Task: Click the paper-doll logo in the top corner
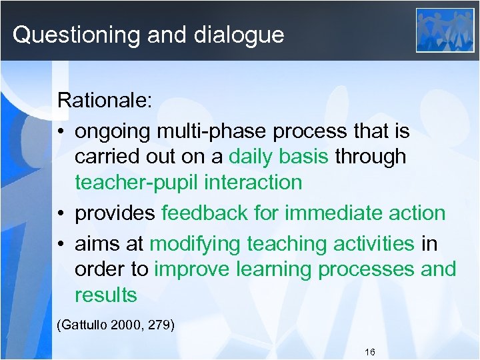click(x=445, y=30)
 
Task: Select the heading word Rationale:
click(x=105, y=101)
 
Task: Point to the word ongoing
click(x=114, y=132)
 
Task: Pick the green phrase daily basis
click(x=279, y=157)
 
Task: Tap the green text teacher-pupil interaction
click(x=188, y=182)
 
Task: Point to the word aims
click(x=97, y=244)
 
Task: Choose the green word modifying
click(x=195, y=244)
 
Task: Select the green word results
click(x=105, y=295)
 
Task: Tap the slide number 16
click(x=371, y=351)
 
